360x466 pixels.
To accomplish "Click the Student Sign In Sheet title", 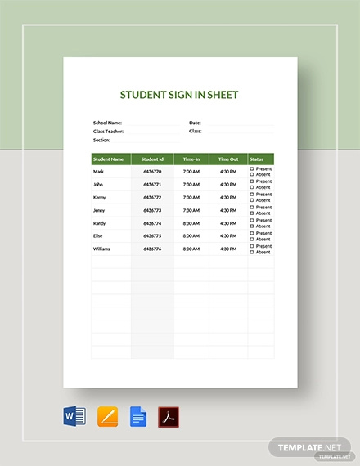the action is point(179,94).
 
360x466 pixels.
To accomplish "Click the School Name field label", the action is point(107,122).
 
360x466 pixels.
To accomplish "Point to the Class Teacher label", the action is point(108,131).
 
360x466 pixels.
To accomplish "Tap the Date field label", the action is point(195,122).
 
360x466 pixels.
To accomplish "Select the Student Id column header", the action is point(152,159).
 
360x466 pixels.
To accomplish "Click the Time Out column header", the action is point(228,159).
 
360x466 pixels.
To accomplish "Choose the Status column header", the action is point(256,159).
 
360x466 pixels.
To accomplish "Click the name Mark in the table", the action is point(99,172).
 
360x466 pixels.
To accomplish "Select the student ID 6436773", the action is point(152,210).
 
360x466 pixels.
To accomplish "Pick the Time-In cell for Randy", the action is point(191,222).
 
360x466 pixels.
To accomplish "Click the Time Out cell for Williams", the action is point(228,249).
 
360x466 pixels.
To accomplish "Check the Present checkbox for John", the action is point(252,181).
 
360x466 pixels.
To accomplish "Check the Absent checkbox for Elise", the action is point(252,240).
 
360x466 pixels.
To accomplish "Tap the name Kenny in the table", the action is point(100,197).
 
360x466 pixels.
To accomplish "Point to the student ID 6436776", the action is point(152,249).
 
